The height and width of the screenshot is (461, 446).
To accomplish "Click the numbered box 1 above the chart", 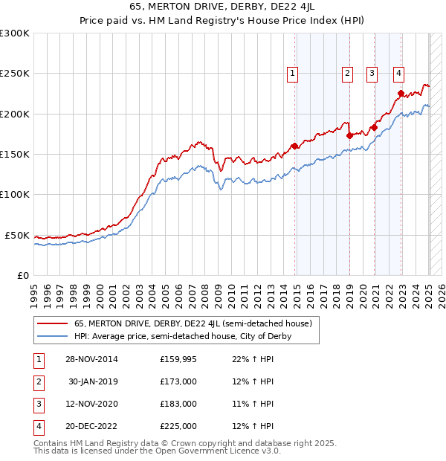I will click(293, 73).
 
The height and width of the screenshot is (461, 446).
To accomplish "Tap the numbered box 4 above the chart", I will click(399, 73).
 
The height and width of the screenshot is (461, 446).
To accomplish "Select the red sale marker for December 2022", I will click(401, 94).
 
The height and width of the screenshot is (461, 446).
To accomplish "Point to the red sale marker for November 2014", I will click(295, 146).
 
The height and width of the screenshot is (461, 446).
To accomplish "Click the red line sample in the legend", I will click(52, 324).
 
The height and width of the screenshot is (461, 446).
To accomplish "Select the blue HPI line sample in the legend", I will click(52, 336).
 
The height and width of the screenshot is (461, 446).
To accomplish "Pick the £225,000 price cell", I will click(178, 426).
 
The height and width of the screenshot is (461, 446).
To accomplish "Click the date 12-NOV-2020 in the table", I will click(93, 404).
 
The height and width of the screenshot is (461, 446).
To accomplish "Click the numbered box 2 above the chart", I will click(347, 73).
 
